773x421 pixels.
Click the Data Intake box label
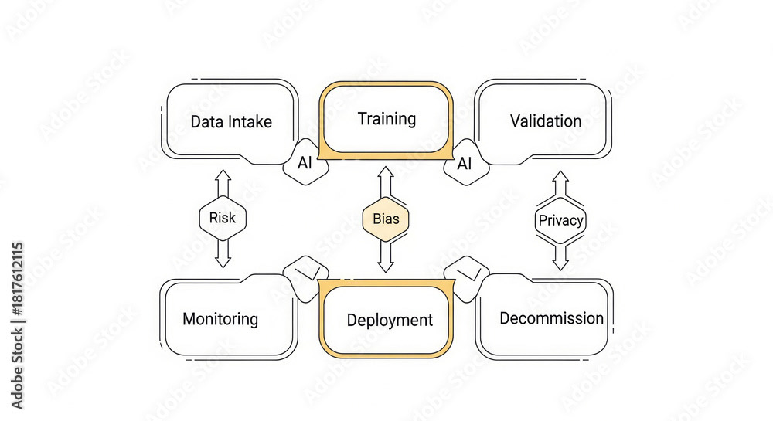231,122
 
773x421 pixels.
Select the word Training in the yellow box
386,119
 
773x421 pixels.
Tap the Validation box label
546,121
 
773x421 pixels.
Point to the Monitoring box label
220,319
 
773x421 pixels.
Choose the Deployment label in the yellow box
390,320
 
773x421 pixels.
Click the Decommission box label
551,318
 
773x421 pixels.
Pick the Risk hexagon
223,219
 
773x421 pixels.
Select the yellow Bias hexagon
386,219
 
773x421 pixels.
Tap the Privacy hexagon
560,221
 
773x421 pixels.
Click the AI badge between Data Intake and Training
305,163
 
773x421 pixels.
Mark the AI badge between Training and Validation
465,163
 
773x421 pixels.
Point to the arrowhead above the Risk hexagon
223,175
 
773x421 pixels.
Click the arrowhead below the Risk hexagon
223,262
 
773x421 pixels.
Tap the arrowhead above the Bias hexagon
386,173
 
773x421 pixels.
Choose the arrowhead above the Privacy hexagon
560,178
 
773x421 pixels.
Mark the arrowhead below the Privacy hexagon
560,263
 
